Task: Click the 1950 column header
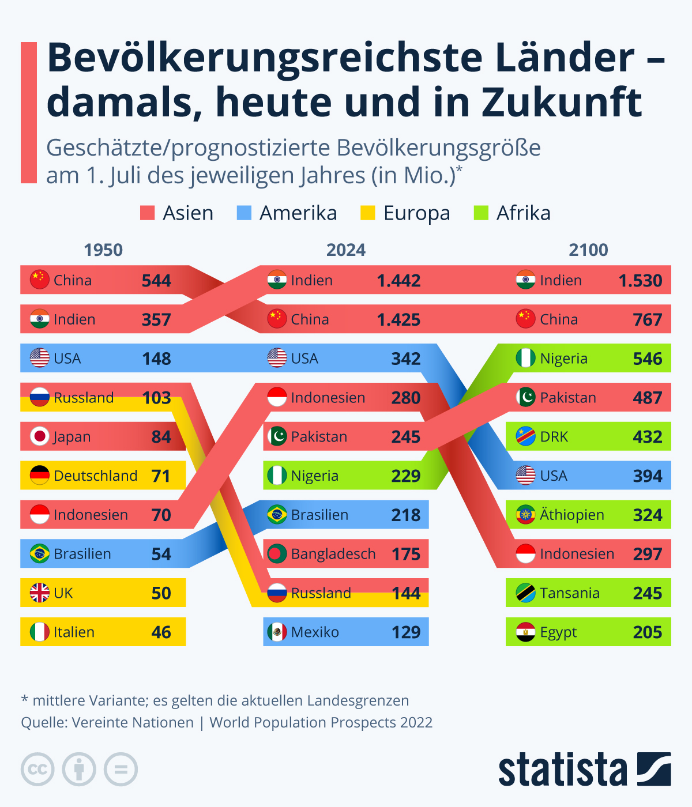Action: coord(103,250)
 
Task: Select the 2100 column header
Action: coord(588,250)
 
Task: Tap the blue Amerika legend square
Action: coord(244,213)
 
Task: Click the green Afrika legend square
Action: coord(481,213)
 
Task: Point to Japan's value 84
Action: coord(161,437)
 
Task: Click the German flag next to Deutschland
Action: coord(39,476)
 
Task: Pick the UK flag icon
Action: coord(39,593)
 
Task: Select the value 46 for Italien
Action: coord(161,632)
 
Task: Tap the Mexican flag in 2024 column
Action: coord(277,632)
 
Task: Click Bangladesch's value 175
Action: coord(406,554)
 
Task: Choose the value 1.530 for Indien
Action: coord(640,281)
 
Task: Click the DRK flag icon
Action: coord(525,437)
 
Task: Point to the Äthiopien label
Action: coord(571,515)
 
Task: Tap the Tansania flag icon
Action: coord(525,593)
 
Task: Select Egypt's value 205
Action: coord(648,632)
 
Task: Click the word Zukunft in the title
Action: coord(562,103)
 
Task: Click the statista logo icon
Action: coord(654,769)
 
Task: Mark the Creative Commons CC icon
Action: coord(38,769)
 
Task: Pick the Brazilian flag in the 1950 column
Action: coord(39,554)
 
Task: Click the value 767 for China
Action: coord(648,320)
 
